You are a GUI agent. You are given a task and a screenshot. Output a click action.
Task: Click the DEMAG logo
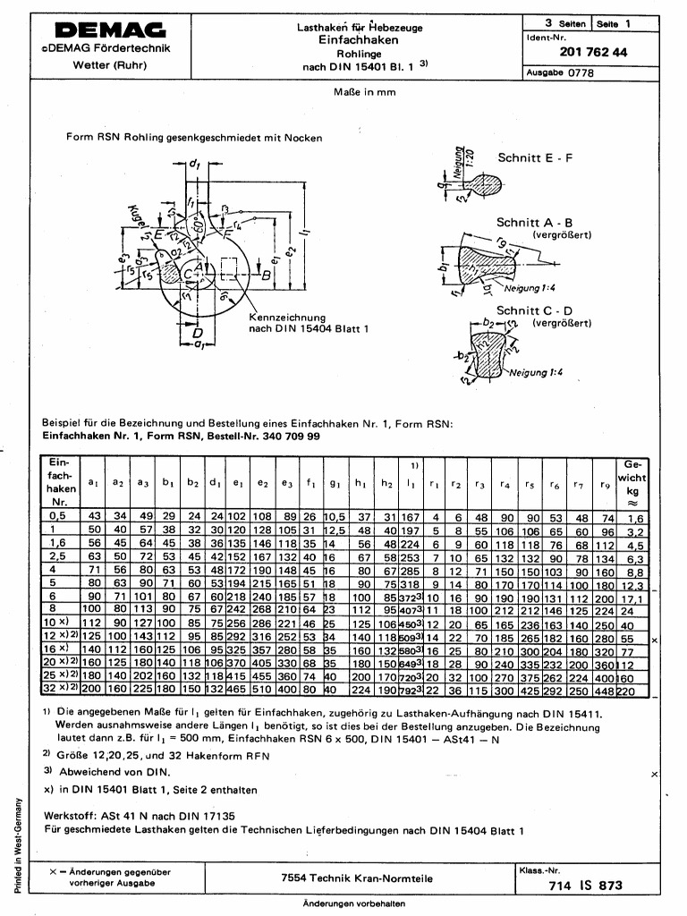109,30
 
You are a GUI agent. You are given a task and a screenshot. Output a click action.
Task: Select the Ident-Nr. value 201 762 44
593,53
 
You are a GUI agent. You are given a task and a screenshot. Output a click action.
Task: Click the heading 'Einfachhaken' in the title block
359,40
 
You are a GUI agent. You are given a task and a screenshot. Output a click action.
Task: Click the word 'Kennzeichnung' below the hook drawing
286,318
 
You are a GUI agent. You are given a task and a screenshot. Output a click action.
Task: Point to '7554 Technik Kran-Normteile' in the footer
357,878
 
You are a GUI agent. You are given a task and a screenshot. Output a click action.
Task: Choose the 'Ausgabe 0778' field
560,73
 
